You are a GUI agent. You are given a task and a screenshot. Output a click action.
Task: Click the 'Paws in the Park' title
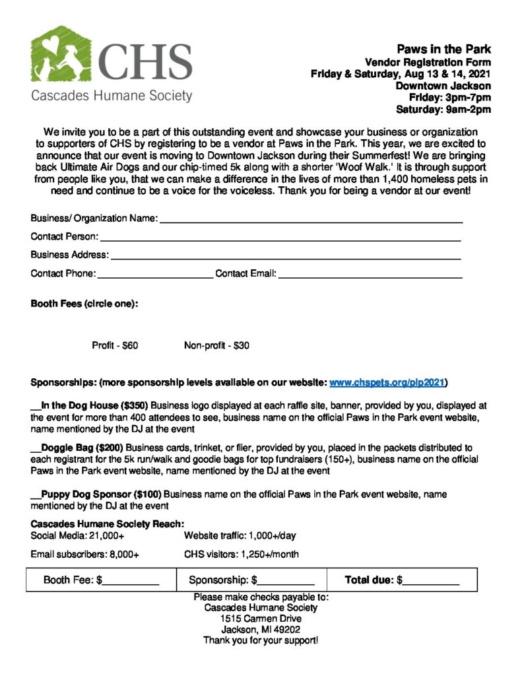tap(443, 50)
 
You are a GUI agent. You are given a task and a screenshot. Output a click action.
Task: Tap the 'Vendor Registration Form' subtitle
tap(428, 62)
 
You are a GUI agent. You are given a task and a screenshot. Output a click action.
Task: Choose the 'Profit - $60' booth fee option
tap(115, 345)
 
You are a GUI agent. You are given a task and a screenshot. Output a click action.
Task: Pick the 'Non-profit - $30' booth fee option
tap(216, 345)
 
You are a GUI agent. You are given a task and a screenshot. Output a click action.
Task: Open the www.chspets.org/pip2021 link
tap(387, 382)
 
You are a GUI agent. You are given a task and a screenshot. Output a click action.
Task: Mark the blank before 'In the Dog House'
tap(36, 405)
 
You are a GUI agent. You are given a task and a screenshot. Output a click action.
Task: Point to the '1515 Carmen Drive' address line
tap(261, 619)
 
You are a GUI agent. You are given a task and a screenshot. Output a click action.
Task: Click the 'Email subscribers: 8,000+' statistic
tap(84, 555)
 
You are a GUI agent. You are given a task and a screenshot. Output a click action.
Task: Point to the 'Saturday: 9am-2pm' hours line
tap(443, 109)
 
